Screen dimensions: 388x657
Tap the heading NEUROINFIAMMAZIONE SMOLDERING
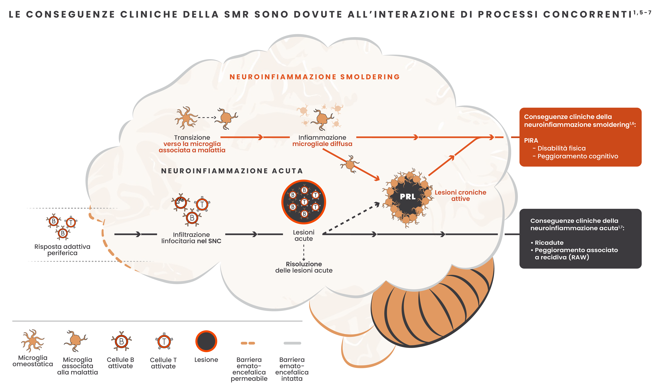[314, 77]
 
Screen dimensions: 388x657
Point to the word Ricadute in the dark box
[549, 243]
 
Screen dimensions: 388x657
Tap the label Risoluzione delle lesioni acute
[304, 267]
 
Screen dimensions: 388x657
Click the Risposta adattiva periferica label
[62, 250]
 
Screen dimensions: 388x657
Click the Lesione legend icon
[206, 341]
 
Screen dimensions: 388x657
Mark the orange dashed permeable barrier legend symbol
[248, 343]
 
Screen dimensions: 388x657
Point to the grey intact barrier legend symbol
[292, 343]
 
